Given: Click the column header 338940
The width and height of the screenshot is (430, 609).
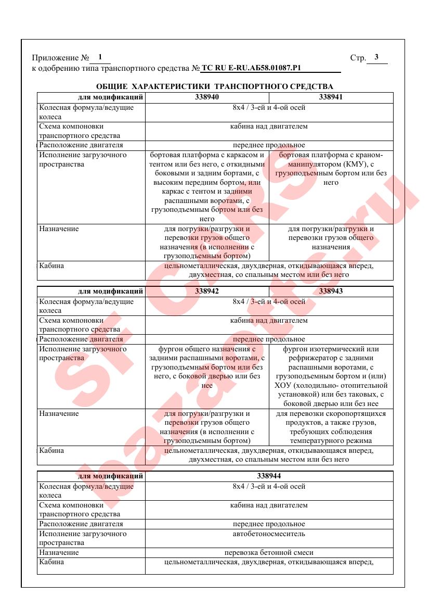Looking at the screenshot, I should pyautogui.click(x=207, y=97).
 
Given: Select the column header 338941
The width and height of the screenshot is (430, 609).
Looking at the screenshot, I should pyautogui.click(x=331, y=97).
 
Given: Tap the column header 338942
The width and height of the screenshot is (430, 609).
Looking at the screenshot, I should pyautogui.click(x=207, y=291).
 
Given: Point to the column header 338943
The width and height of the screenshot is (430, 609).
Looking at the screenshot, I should pyautogui.click(x=331, y=291).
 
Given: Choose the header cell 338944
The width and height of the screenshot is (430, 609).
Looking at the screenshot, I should pyautogui.click(x=269, y=476).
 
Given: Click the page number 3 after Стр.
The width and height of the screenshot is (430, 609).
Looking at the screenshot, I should pyautogui.click(x=376, y=58).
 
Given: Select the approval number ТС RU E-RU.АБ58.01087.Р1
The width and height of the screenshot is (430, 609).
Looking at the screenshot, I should pyautogui.click(x=251, y=68).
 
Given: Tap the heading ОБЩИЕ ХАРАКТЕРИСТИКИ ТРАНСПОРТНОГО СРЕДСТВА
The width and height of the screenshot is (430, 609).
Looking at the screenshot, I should pyautogui.click(x=215, y=86).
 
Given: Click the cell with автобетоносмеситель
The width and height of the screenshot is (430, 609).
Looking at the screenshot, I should pyautogui.click(x=269, y=534).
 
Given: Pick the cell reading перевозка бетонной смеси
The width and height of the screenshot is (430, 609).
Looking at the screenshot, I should pyautogui.click(x=269, y=552).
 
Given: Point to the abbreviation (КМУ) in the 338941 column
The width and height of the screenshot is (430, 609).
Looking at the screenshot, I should pyautogui.click(x=355, y=164).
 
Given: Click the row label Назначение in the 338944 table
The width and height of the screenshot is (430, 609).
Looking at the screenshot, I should pyautogui.click(x=59, y=552).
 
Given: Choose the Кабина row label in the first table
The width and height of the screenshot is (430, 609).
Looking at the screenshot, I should pyautogui.click(x=51, y=265).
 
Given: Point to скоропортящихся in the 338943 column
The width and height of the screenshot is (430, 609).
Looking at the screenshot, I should pyautogui.click(x=355, y=414).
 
